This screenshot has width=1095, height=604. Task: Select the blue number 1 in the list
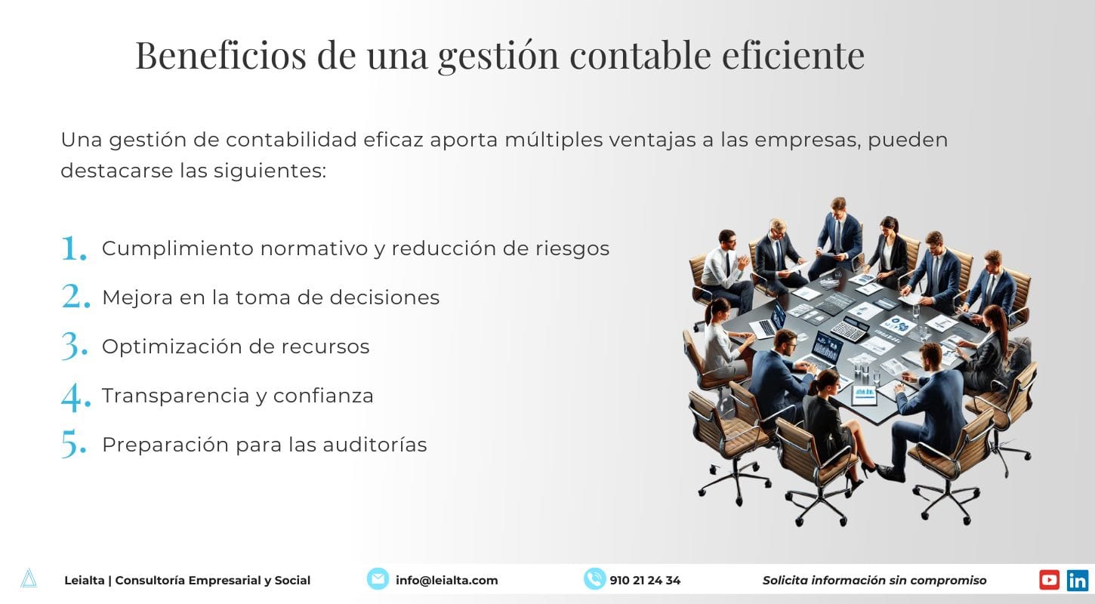pos(74,248)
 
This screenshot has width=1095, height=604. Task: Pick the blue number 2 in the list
pos(76,297)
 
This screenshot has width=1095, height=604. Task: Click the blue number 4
pos(76,396)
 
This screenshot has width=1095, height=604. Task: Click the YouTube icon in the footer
pos(1049,580)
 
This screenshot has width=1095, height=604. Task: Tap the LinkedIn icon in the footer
pos(1078,580)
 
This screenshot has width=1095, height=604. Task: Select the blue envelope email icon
pos(378,579)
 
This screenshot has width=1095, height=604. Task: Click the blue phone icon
pos(594,579)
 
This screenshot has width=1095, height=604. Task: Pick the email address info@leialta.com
pos(446,581)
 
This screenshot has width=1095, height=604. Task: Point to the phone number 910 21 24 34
pos(645,581)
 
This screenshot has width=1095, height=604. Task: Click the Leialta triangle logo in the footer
pos(29,578)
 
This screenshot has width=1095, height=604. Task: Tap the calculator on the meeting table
pos(850,328)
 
